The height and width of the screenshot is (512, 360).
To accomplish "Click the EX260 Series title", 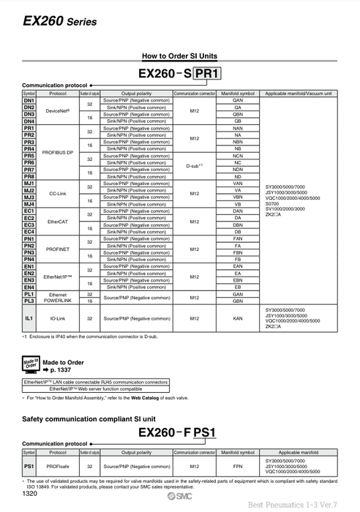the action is point(54,22).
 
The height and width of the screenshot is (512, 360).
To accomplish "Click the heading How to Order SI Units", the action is point(179,56).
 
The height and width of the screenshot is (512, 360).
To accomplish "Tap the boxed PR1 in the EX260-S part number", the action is point(207,74).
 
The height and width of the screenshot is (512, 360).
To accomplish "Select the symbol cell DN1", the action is point(29,100).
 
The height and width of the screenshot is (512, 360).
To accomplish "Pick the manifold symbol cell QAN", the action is point(238,100).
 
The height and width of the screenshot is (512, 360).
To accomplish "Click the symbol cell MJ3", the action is point(29,197).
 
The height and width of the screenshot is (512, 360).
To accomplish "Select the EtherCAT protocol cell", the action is point(58,221).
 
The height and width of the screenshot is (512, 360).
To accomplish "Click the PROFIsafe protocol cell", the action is point(58,466).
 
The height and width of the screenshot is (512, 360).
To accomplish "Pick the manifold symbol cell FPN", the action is point(238,466).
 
